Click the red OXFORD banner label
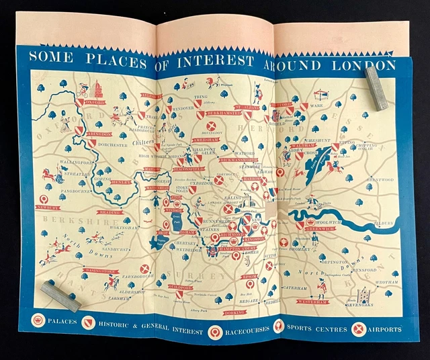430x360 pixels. pyautogui.click(x=95, y=103)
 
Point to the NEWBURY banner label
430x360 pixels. pyautogui.click(x=48, y=208)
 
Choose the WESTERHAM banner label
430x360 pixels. pyautogui.click(x=313, y=302)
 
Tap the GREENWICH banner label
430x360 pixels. pyautogui.click(x=320, y=228)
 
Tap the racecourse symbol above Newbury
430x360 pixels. pyautogui.click(x=44, y=199)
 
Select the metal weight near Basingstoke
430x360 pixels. pyautogui.click(x=60, y=296)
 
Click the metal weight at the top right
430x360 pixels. pyautogui.click(x=376, y=87)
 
